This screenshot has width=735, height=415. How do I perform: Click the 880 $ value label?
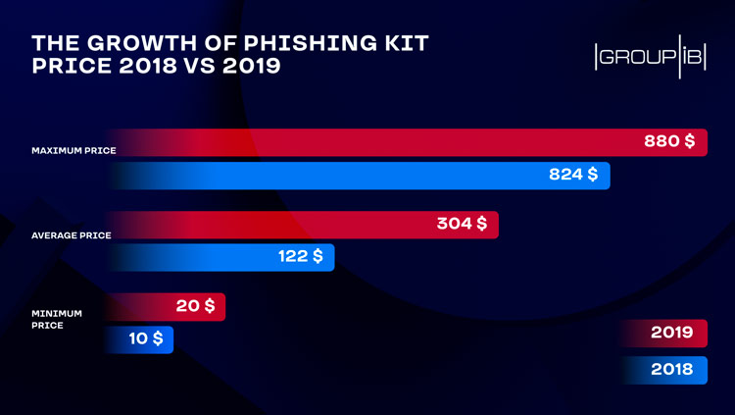tap(669, 142)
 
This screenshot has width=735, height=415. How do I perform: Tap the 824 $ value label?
tap(573, 175)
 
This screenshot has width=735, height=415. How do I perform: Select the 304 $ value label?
tap(462, 224)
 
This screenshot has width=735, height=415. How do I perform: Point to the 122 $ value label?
tap(300, 256)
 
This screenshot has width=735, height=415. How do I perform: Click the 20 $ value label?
tap(196, 306)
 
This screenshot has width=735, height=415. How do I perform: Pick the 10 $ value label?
tap(146, 338)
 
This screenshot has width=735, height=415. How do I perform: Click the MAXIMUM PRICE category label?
tap(73, 151)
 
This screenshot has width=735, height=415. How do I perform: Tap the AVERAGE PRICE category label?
tap(72, 235)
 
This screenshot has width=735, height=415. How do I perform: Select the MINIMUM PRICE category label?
tap(56, 319)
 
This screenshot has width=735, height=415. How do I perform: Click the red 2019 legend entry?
tap(671, 333)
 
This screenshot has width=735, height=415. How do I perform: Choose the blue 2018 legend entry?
tap(671, 370)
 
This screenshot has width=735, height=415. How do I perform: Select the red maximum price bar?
tap(392, 142)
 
